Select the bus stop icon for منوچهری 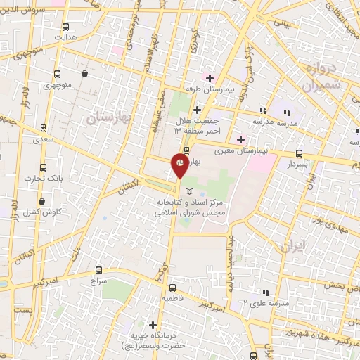point(57,73)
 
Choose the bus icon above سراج point(98,269)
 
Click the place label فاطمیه point(172,298)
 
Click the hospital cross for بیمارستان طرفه point(209,77)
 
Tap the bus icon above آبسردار point(300,153)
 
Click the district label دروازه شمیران point(323,75)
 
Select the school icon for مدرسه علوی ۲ point(266,292)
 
